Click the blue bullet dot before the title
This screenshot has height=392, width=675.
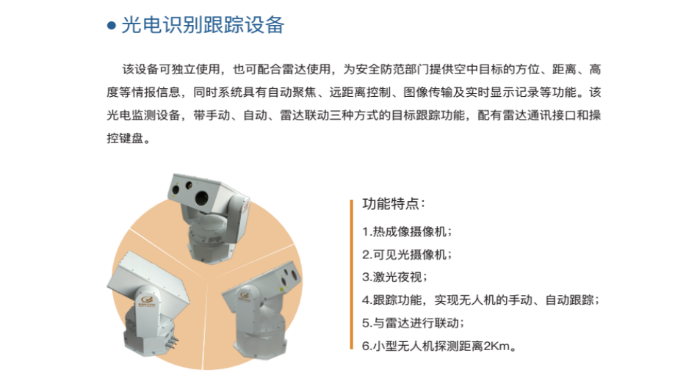click(x=112, y=26)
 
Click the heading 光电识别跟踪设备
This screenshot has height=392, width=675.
click(x=203, y=25)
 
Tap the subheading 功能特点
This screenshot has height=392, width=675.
click(x=394, y=203)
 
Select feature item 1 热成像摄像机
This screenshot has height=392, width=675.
click(x=407, y=231)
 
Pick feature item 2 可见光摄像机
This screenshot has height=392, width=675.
click(x=407, y=254)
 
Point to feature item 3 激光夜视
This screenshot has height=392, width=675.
click(x=394, y=277)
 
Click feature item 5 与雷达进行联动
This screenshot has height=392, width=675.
click(x=413, y=323)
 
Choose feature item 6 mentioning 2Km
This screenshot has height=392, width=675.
click(x=439, y=346)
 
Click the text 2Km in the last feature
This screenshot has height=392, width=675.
click(x=497, y=346)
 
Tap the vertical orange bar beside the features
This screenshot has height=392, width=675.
click(x=352, y=275)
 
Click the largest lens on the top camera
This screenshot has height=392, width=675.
click(x=201, y=198)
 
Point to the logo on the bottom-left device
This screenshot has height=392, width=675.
click(x=144, y=300)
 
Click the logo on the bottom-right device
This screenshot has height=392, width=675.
click(x=245, y=295)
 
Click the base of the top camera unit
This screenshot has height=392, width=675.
click(x=212, y=248)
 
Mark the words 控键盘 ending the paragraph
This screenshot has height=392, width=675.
click(x=125, y=138)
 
